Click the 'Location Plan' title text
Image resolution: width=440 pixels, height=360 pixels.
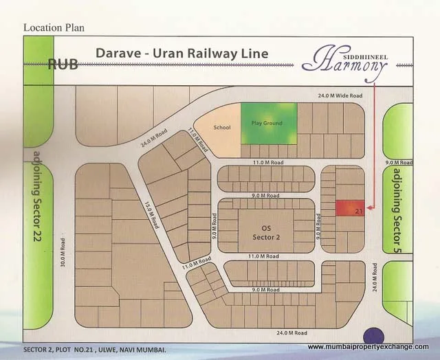tap(54, 27)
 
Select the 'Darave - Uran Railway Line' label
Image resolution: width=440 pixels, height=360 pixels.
tap(181, 53)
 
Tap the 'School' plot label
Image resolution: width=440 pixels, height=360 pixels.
tap(222, 127)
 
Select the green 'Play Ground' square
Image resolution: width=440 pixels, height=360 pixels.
tap(269, 124)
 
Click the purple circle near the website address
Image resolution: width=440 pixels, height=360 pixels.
tap(375, 336)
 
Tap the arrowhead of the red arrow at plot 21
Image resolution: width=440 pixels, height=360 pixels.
tap(368, 207)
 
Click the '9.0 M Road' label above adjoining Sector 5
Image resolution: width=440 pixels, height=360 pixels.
tap(398, 163)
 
